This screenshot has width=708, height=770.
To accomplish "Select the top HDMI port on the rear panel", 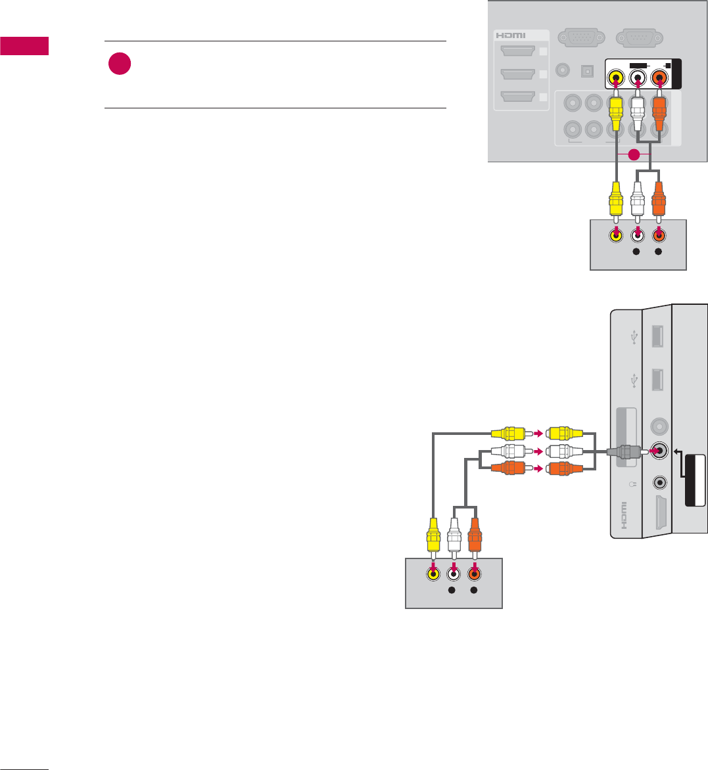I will (x=517, y=52).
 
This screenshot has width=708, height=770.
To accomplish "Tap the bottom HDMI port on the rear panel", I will (x=517, y=97).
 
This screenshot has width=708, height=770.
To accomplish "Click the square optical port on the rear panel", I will (x=584, y=68).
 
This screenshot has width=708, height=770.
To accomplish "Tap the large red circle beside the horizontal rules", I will (x=120, y=64).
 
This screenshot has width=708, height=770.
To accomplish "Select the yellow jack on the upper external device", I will (x=615, y=237).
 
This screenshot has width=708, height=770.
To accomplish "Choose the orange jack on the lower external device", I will (x=474, y=573).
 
